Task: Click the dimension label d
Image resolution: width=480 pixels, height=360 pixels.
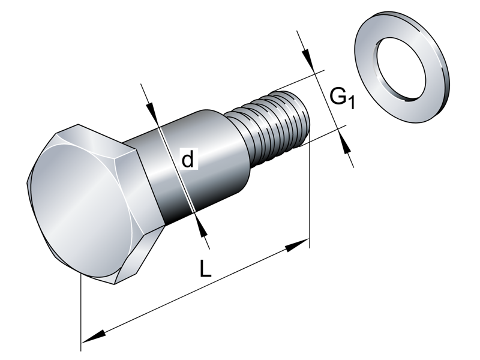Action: point(188,160)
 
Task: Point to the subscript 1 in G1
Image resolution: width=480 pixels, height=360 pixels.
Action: point(352,103)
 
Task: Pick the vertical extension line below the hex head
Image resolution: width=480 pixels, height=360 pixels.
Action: point(80,312)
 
